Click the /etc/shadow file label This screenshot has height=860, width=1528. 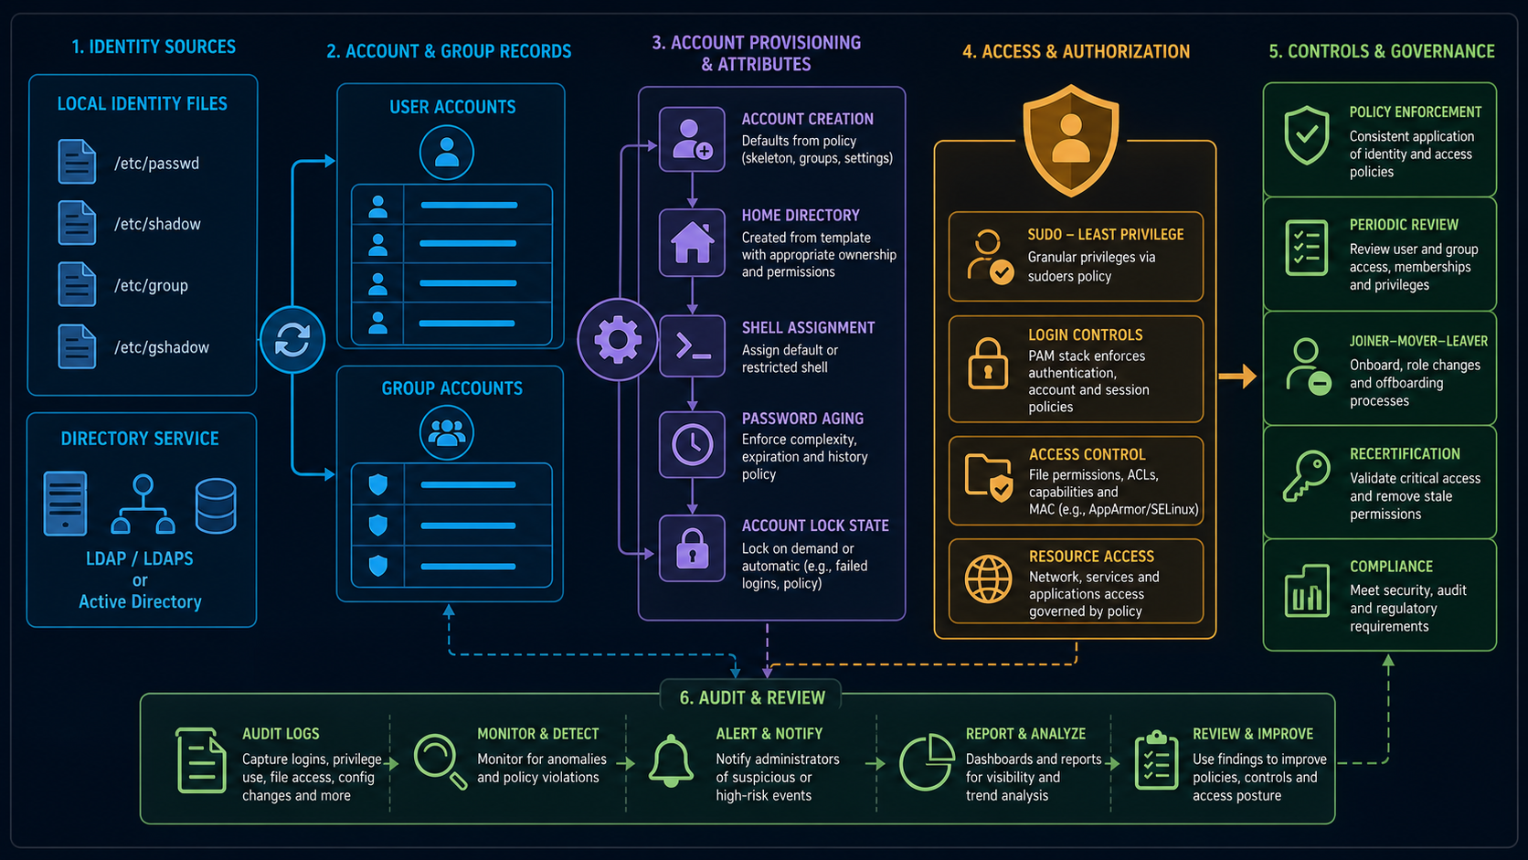[157, 225]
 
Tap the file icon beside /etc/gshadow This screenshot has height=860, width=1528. [77, 346]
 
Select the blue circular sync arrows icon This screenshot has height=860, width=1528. [292, 340]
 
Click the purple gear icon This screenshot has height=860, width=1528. [618, 339]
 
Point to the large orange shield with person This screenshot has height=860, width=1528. [1071, 141]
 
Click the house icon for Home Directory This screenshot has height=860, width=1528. [692, 243]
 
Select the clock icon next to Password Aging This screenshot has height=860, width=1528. [692, 445]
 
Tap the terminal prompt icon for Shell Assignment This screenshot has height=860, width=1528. [692, 346]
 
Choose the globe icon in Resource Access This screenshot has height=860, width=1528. [988, 579]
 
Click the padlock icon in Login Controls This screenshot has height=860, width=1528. [988, 364]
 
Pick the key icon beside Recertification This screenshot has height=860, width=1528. [1306, 476]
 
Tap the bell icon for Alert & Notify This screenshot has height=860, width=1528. [671, 761]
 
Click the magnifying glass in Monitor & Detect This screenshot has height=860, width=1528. [440, 761]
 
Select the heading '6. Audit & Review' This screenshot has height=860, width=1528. [752, 697]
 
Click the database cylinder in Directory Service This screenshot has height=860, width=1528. [216, 505]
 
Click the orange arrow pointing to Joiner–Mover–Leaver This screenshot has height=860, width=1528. [1237, 376]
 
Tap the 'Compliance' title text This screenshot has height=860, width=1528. [1391, 567]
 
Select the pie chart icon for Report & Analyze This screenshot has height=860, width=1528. [927, 762]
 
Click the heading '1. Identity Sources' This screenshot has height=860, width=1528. [154, 47]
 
